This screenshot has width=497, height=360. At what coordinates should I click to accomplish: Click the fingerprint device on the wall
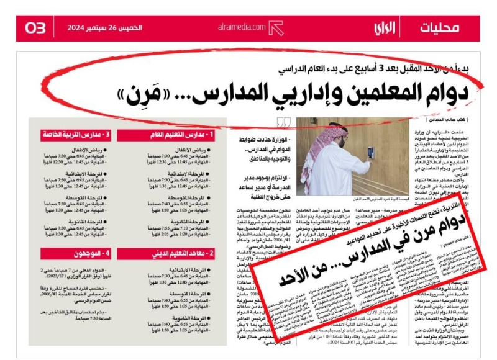(371, 150)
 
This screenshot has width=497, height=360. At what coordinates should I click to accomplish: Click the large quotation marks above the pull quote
(284, 121)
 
